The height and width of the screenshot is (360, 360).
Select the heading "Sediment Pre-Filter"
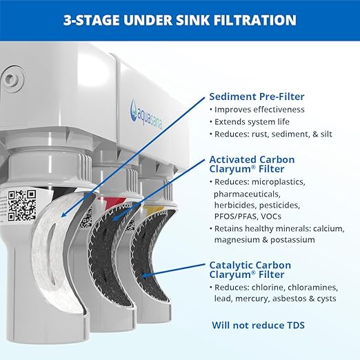tap(257, 97)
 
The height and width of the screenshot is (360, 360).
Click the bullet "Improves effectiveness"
tap(259, 110)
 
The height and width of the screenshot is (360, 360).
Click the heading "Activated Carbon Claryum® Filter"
tap(252, 164)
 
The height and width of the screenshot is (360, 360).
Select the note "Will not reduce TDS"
tap(258, 323)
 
